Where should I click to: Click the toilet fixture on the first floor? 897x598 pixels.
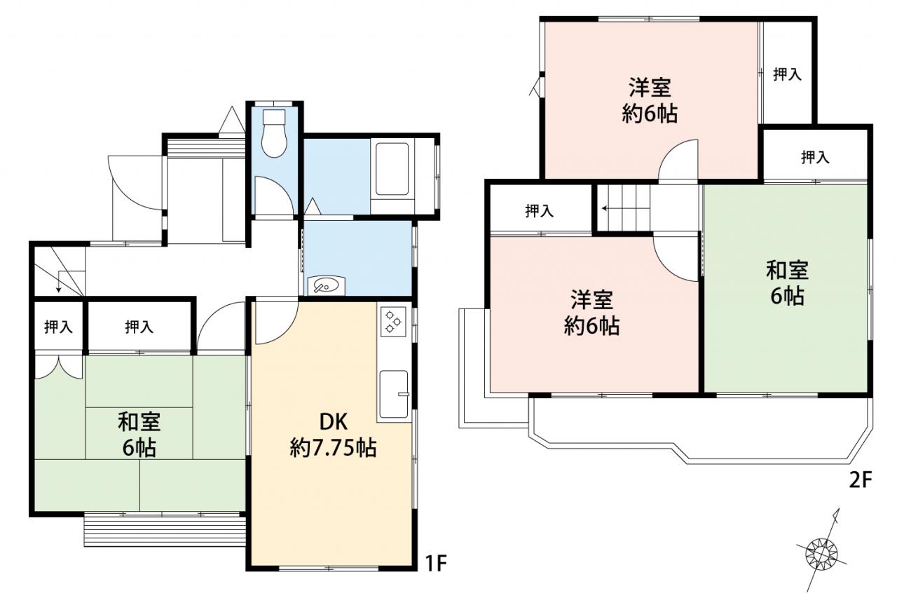click(274, 132)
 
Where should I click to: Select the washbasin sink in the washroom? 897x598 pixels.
click(326, 285)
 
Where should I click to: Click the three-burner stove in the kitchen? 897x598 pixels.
click(392, 321)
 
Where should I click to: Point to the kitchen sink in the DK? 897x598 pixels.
click(394, 394)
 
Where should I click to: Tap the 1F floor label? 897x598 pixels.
click(435, 564)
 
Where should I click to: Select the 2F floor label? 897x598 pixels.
click(861, 480)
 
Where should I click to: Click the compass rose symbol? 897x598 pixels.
click(821, 555)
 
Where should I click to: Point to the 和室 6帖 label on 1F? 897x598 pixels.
click(139, 435)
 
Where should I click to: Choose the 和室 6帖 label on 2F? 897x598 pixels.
click(787, 283)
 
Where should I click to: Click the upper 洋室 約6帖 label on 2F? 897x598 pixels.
click(650, 100)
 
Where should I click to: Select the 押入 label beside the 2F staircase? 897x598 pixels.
click(540, 210)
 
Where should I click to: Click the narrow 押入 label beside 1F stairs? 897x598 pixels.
click(58, 327)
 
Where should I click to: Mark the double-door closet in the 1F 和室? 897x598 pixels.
click(59, 366)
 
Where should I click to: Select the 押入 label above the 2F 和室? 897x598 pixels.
click(815, 158)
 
